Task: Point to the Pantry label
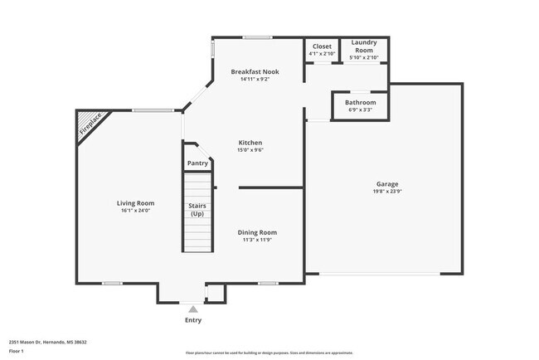197,163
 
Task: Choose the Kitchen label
250,143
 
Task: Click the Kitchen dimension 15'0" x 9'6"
250,150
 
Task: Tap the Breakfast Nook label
255,72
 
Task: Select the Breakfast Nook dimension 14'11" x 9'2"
255,80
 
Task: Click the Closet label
322,46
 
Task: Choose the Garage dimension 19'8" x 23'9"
387,192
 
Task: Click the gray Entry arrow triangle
192,309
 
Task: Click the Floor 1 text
17,351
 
